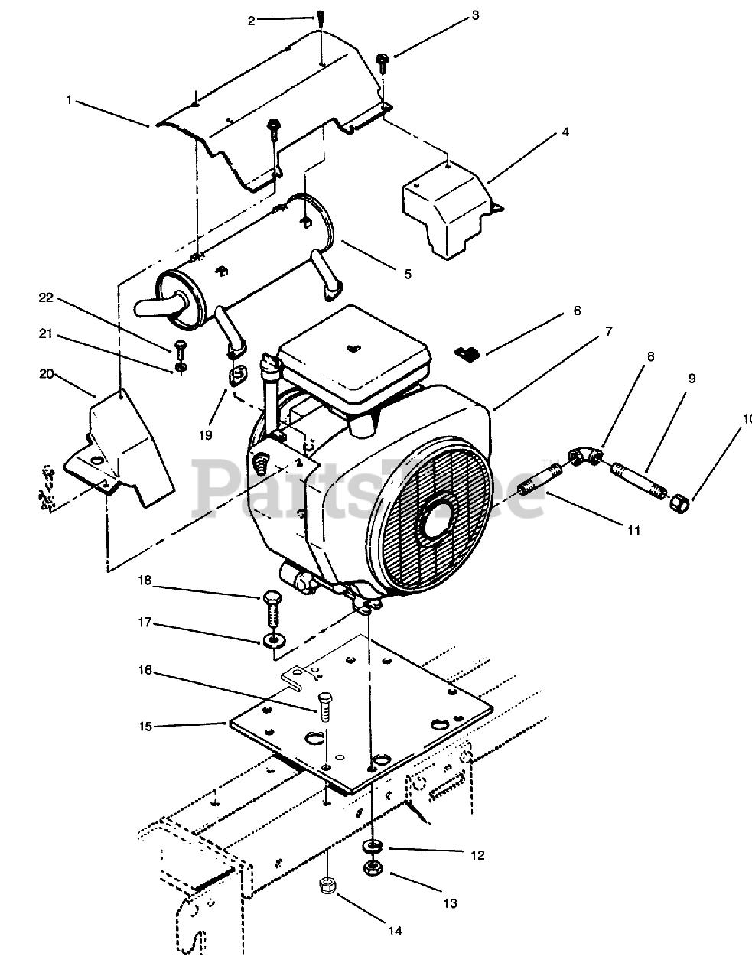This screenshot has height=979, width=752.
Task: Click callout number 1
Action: [x=70, y=99]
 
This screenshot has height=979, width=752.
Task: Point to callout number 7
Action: [x=607, y=331]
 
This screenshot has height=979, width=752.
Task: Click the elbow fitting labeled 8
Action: [x=585, y=456]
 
